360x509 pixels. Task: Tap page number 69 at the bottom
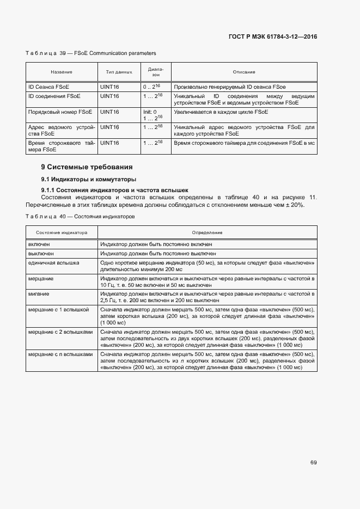313,463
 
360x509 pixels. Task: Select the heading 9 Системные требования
87,167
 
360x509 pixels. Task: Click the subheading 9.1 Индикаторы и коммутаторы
89,179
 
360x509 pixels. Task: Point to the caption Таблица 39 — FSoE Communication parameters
90,53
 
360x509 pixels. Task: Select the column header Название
62,72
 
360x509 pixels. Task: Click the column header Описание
244,72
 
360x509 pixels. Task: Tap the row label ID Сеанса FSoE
48,87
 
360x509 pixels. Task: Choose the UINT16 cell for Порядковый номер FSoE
109,112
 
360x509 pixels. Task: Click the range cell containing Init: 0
150,112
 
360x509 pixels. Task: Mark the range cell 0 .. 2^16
153,87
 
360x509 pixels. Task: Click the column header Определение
207,232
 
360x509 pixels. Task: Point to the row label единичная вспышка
53,262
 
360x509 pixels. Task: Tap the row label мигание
39,293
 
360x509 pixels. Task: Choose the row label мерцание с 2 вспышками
60,332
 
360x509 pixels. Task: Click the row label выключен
41,254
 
